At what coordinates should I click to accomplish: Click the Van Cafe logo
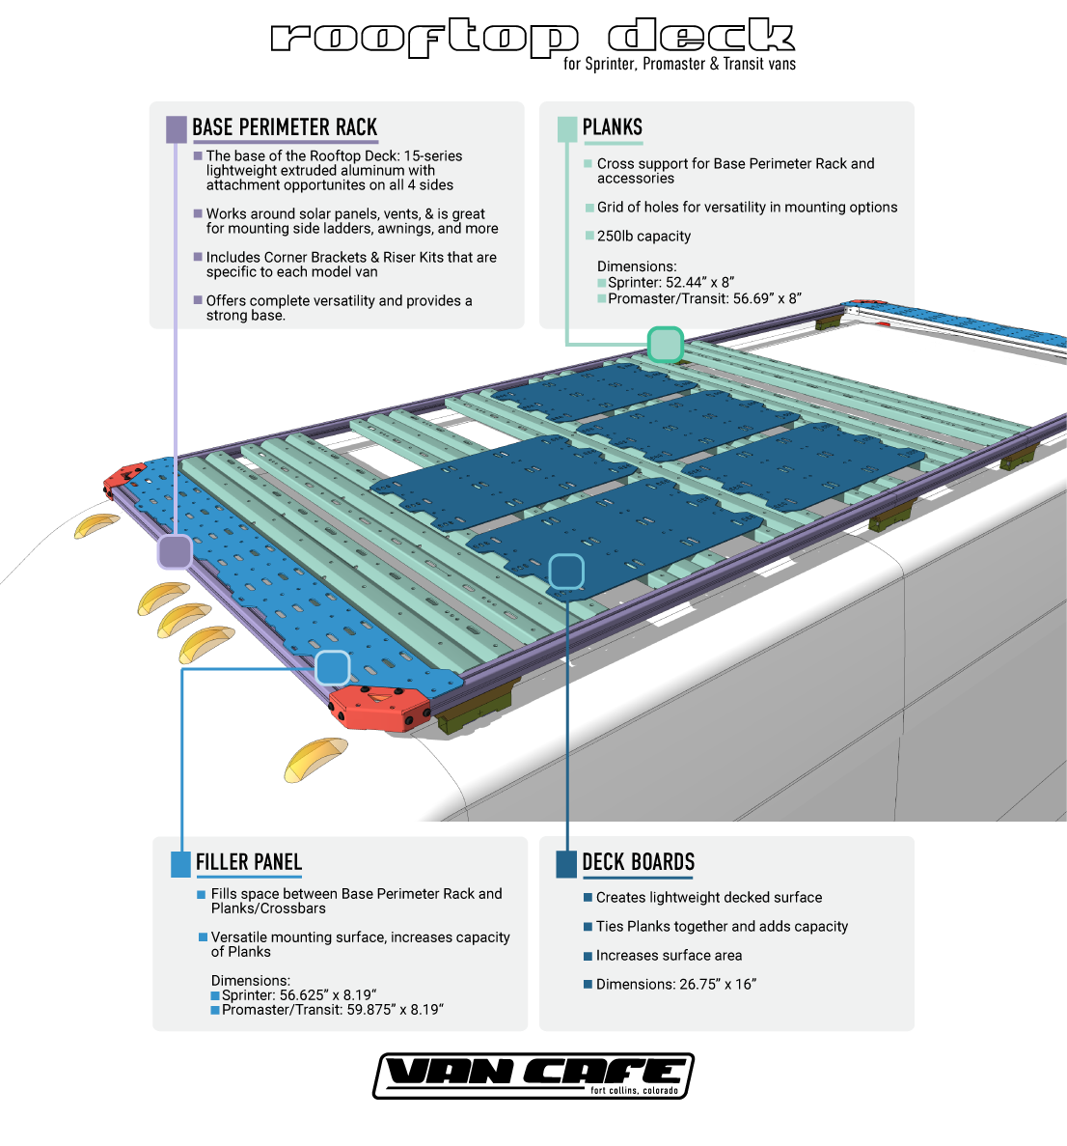[x=533, y=1075]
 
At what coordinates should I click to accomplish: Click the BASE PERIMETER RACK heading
[x=285, y=127]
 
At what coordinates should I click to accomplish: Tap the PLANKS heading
[x=613, y=127]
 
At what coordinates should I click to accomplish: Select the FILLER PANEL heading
[x=249, y=862]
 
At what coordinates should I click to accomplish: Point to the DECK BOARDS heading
[x=639, y=862]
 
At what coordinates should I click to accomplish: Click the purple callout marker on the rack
[x=175, y=552]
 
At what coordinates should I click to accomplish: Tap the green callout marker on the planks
[x=665, y=345]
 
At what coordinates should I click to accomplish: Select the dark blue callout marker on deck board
[x=566, y=572]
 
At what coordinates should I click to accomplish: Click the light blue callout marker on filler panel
[x=333, y=668]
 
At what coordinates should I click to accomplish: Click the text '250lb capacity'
[x=643, y=237]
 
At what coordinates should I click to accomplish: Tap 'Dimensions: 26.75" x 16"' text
[x=676, y=985]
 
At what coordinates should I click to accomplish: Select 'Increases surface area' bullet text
[x=669, y=956]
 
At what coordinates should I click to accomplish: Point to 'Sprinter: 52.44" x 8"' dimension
[x=670, y=283]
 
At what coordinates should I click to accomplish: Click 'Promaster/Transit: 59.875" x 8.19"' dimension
[x=332, y=1010]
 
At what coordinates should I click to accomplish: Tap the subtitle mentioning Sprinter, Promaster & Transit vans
[x=680, y=64]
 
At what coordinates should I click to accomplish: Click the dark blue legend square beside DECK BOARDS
[x=566, y=864]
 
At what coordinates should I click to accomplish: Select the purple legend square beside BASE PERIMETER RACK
[x=177, y=129]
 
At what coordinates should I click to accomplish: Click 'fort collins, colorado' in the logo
[x=634, y=1091]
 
